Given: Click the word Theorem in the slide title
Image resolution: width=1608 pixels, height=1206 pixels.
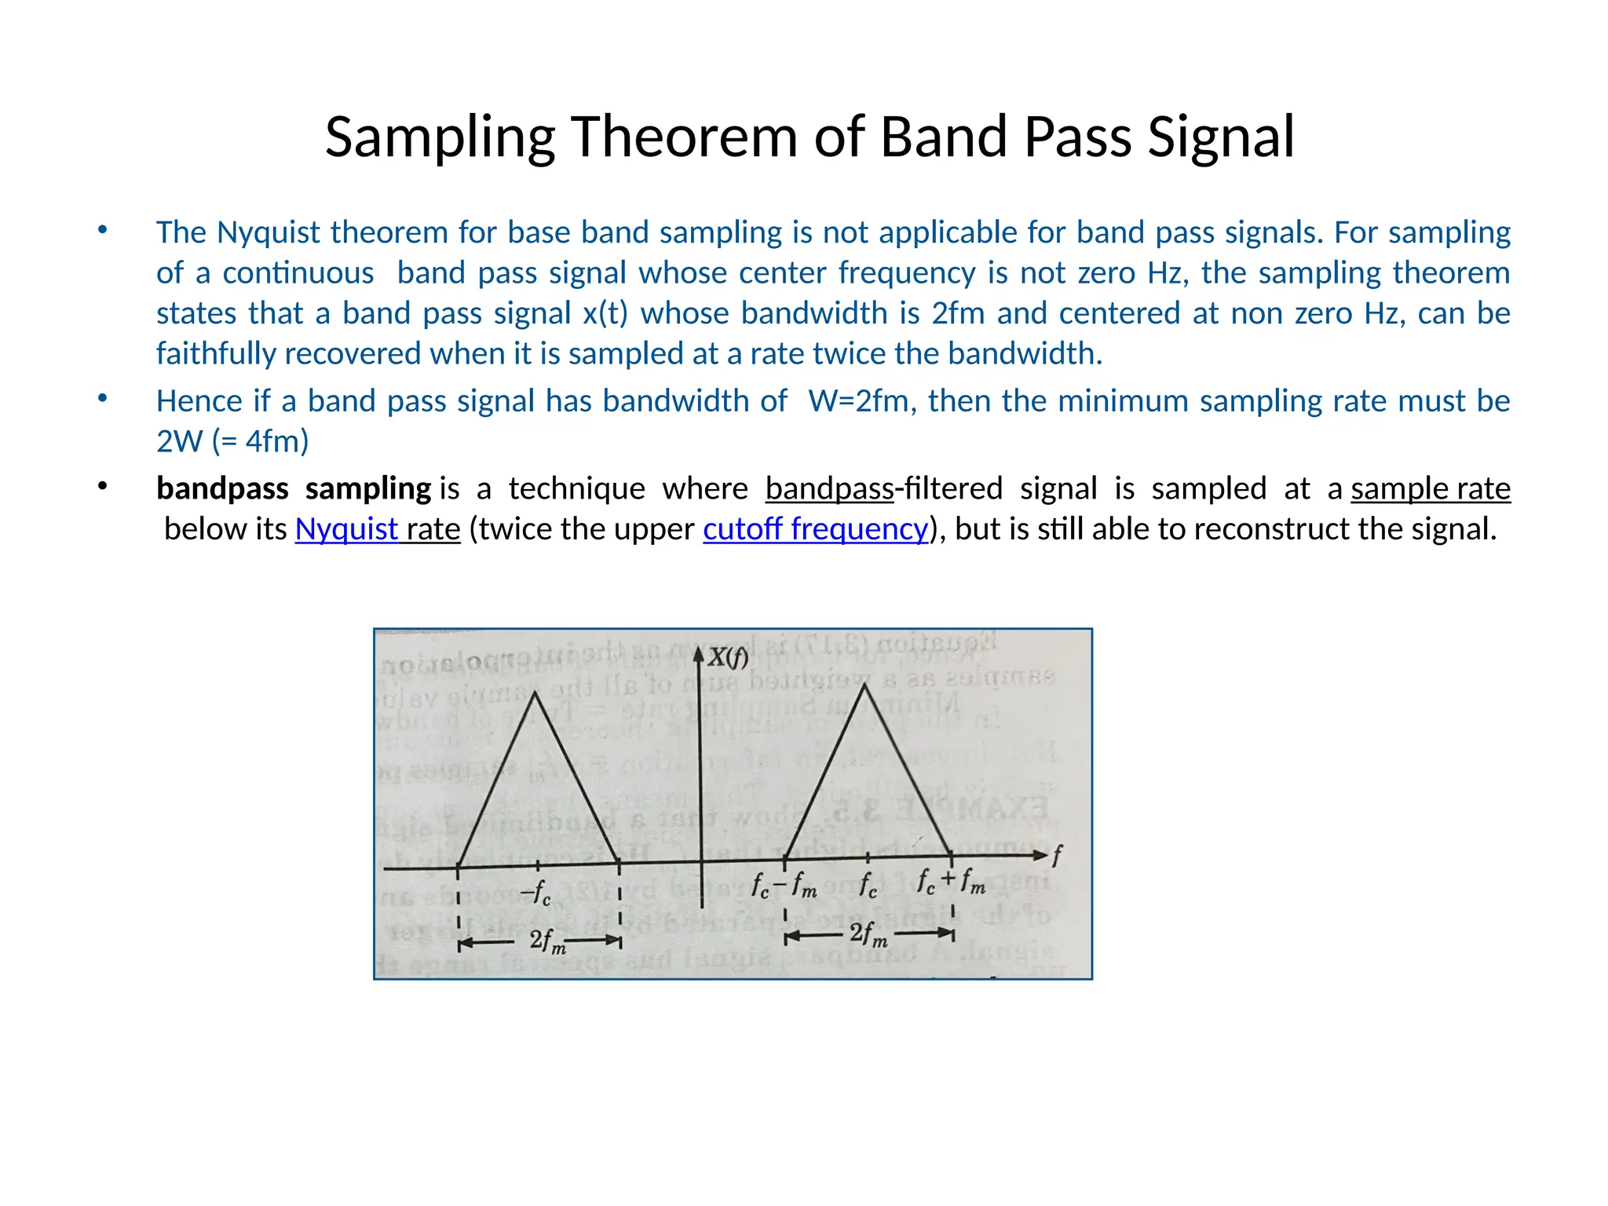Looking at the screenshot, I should [684, 137].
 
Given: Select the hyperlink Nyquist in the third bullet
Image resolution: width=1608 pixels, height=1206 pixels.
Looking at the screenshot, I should [346, 529].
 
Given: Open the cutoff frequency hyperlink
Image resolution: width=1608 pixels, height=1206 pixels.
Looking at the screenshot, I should [816, 529].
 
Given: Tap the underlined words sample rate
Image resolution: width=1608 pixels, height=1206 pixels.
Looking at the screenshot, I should [1431, 488].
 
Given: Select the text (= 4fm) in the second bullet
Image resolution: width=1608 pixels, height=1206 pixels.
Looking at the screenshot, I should [261, 441].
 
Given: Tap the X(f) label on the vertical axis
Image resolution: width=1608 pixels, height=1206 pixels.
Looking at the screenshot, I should [728, 658].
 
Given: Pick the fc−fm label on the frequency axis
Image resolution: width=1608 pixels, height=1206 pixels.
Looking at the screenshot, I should [784, 886].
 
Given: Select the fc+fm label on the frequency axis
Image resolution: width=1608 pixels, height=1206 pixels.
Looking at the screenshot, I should [951, 883].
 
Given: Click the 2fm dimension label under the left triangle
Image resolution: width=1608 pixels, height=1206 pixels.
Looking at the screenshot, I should [547, 941].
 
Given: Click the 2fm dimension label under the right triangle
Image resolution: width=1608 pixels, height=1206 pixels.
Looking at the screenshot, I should [868, 934].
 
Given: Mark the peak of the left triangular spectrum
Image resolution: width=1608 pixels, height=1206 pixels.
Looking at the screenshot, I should [535, 692].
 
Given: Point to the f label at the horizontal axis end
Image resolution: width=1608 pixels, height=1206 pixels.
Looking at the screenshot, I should [1057, 855].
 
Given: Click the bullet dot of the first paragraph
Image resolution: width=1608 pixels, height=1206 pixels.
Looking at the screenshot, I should [102, 230].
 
